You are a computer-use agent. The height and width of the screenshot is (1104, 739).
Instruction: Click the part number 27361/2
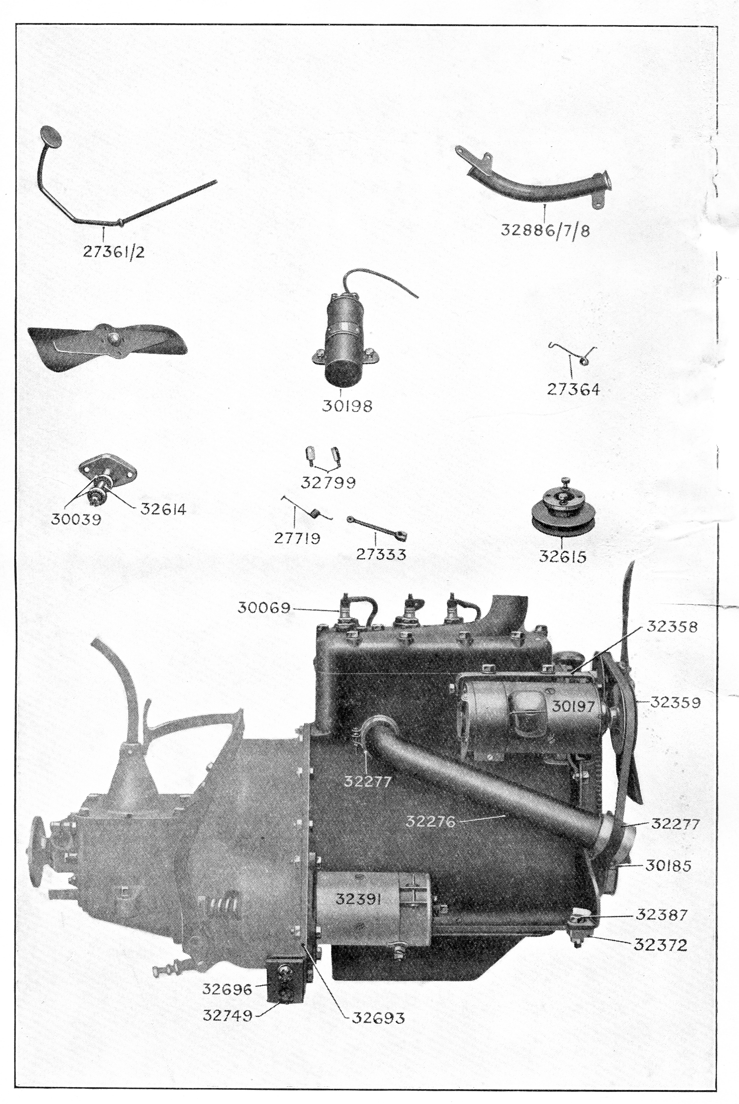point(114,251)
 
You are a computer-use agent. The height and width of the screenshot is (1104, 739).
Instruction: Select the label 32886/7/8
point(545,231)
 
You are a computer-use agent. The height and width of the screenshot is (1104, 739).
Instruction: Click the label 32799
point(328,483)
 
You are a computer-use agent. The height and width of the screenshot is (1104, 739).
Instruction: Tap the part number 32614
point(163,510)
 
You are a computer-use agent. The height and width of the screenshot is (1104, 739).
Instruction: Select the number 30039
point(76,519)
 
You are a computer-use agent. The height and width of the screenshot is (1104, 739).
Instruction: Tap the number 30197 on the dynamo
point(573,706)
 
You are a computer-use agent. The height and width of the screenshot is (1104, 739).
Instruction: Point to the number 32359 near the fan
point(676,702)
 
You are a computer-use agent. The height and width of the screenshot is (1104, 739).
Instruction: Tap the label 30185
point(668,866)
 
